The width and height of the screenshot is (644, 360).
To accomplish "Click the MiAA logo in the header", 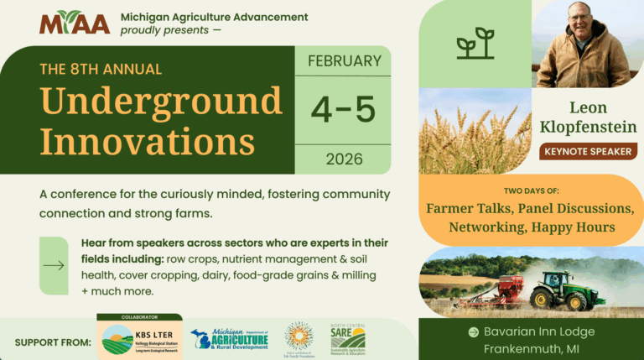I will tap(75, 23).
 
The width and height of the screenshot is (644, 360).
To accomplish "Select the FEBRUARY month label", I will tap(343, 61).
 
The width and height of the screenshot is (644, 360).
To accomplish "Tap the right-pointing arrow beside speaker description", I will tap(54, 266).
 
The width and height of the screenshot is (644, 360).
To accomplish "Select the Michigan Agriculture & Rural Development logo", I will tap(229, 340).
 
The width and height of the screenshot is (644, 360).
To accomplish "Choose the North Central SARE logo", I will tap(347, 339).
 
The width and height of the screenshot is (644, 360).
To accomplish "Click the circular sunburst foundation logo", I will tap(299, 339).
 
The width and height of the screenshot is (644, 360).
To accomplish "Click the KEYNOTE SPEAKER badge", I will tap(588, 151).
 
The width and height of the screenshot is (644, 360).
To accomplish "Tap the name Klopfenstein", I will tap(589, 127).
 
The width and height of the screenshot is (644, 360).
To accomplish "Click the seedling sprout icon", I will tap(475, 44).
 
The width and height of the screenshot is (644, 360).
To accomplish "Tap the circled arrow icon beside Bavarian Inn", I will tap(473, 331).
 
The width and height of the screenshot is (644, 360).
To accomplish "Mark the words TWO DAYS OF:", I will tap(530, 189).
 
